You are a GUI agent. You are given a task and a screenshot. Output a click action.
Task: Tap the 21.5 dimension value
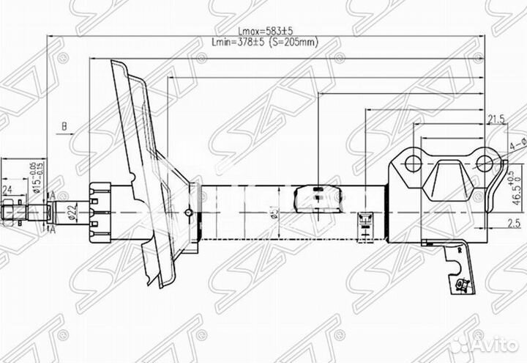tap(496, 120)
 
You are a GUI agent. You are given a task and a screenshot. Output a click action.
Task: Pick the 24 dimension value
tap(8, 188)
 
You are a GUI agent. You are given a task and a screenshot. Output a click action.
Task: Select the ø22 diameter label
tap(72, 213)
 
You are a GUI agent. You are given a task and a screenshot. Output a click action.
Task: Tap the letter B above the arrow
tap(64, 125)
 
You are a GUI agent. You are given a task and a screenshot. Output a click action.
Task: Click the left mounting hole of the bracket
tap(414, 163)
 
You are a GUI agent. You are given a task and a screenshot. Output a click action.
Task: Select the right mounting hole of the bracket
tap(484, 163)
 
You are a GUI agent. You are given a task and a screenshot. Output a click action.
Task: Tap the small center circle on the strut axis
tap(188, 213)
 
